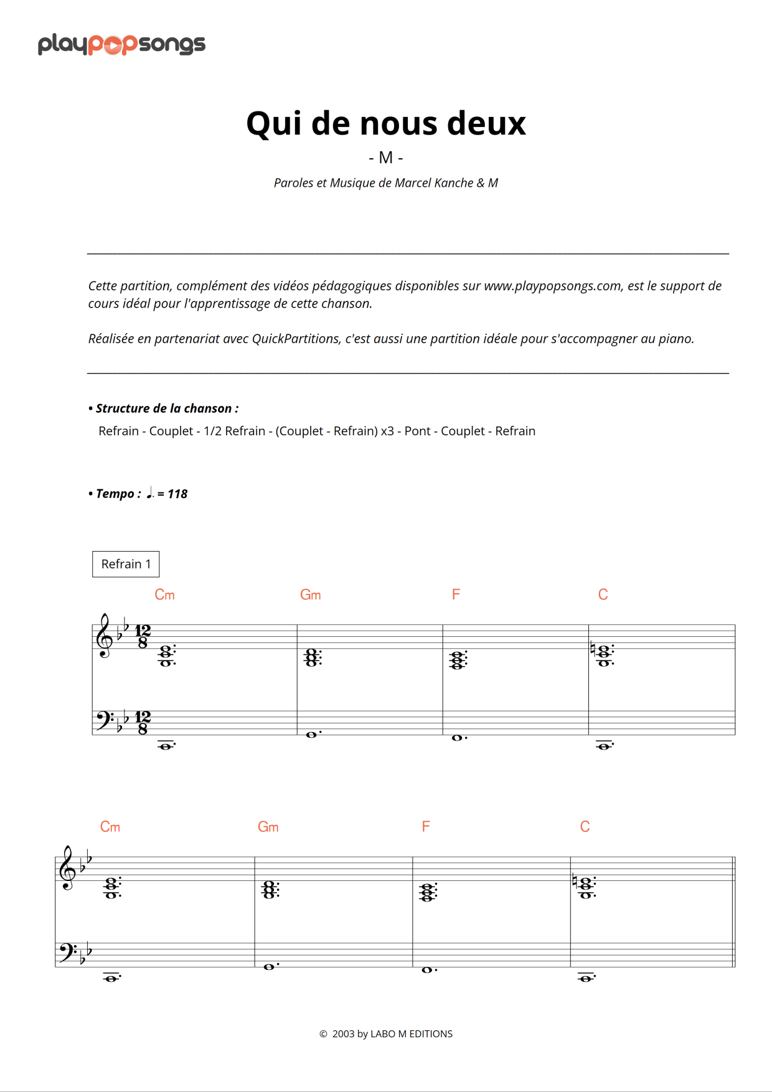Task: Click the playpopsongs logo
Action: (121, 44)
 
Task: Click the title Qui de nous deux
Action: (385, 123)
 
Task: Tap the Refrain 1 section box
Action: (126, 564)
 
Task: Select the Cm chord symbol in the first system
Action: (164, 595)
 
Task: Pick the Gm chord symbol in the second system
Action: (268, 827)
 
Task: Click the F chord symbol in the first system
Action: (456, 595)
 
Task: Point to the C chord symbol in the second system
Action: (585, 827)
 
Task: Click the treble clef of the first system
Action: (103, 636)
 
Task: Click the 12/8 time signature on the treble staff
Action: (143, 637)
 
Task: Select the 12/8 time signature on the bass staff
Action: (143, 723)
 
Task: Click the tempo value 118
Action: (177, 494)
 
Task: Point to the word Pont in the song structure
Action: (417, 431)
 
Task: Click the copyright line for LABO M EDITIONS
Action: (386, 1033)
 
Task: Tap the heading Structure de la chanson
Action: (166, 408)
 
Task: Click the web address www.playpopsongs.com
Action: (552, 286)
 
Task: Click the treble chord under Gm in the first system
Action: (312, 657)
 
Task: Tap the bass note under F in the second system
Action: (427, 970)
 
